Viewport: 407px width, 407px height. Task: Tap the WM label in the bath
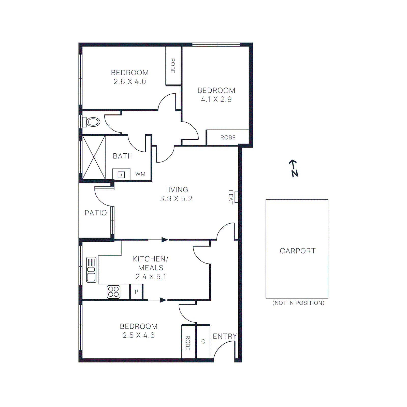tap(140, 174)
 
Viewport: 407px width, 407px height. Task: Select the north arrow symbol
tap(294, 168)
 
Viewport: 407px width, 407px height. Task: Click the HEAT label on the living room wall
tap(231, 197)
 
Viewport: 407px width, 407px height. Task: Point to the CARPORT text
tap(297, 251)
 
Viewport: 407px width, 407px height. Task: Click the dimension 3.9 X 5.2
tap(176, 199)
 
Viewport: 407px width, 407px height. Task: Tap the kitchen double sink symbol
tap(91, 270)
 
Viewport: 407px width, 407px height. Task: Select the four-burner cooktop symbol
tap(113, 292)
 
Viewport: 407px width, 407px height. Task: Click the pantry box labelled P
tap(137, 292)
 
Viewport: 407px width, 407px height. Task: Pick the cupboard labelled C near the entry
tap(203, 342)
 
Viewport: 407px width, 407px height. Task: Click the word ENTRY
tap(225, 336)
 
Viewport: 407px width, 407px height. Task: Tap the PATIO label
tap(96, 213)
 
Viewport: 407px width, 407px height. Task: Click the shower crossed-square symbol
tap(94, 157)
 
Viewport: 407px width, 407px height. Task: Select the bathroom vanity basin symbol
tap(121, 175)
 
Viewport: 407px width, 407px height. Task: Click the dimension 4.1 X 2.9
tap(216, 99)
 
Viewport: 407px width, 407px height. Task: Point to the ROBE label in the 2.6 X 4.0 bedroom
tap(173, 66)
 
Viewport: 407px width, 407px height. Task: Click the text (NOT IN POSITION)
tap(298, 303)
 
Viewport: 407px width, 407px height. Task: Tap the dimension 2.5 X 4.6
tap(138, 335)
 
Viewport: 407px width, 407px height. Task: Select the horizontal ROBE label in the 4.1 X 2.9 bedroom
tap(228, 138)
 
